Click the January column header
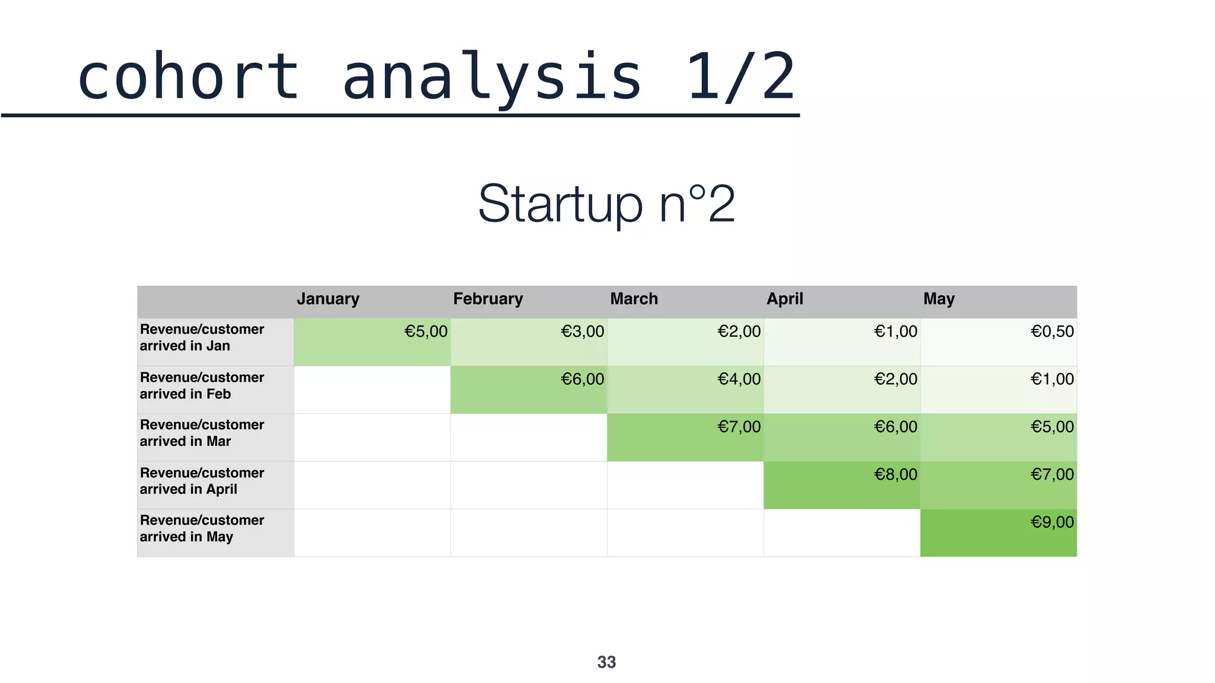click(x=328, y=299)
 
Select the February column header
click(x=488, y=299)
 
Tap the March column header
click(x=634, y=299)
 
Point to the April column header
click(x=784, y=299)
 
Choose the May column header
click(x=939, y=299)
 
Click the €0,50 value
click(x=1052, y=331)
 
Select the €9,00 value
click(x=1052, y=522)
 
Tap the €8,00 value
click(x=895, y=474)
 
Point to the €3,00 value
click(x=582, y=331)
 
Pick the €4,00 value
click(x=739, y=379)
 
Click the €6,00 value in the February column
click(x=582, y=379)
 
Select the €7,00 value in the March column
click(x=739, y=427)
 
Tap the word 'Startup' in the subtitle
click(x=560, y=204)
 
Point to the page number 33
click(x=606, y=662)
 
